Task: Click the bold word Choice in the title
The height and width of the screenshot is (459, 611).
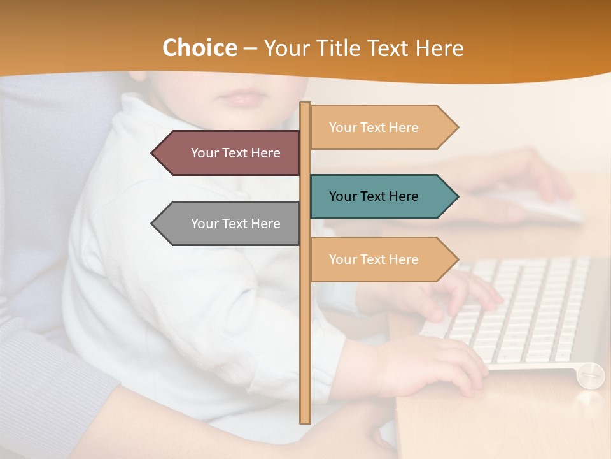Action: pos(199,48)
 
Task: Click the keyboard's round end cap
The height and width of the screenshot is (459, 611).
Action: pos(591,375)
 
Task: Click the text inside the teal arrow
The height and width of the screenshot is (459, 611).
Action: pos(374,196)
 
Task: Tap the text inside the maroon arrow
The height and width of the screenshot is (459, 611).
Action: pos(235,153)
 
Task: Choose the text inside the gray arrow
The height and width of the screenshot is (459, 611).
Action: pos(235,224)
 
